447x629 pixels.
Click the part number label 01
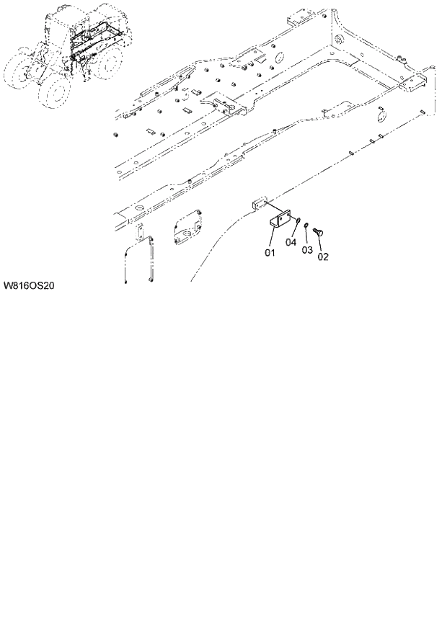pyautogui.click(x=270, y=253)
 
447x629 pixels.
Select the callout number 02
pyautogui.click(x=323, y=256)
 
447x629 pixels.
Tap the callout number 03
pyautogui.click(x=307, y=249)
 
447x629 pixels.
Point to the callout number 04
pyautogui.click(x=291, y=242)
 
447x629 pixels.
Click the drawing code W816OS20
pyautogui.click(x=30, y=286)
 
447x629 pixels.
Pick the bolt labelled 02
pyautogui.click(x=319, y=232)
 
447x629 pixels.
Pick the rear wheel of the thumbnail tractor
pyautogui.click(x=108, y=63)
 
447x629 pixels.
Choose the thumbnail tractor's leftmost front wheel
pyautogui.click(x=19, y=72)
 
